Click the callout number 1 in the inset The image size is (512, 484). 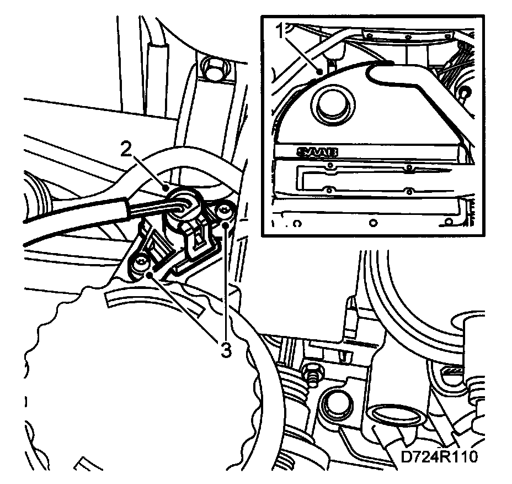pyautogui.click(x=281, y=31)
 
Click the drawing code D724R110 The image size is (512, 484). pyautogui.click(x=439, y=456)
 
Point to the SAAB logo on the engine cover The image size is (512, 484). pyautogui.click(x=317, y=152)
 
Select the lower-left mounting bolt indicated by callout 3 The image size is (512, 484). pyautogui.click(x=141, y=262)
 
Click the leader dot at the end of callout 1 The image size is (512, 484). pyautogui.click(x=321, y=71)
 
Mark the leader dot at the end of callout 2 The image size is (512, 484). pyautogui.click(x=166, y=188)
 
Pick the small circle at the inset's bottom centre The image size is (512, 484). pyautogui.click(x=372, y=223)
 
